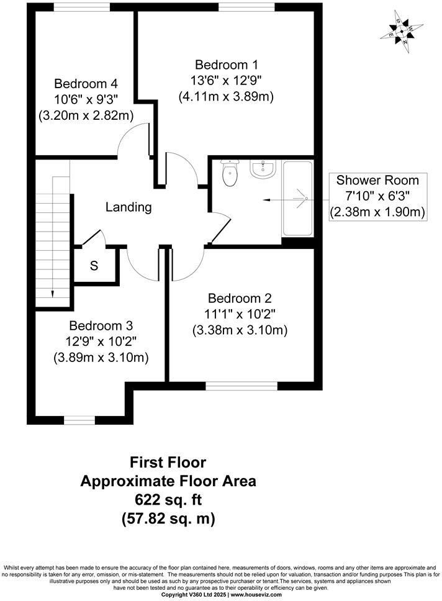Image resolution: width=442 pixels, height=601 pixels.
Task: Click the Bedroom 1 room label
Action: tap(226, 65)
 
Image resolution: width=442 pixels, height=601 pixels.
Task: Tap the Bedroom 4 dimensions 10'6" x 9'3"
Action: tap(86, 99)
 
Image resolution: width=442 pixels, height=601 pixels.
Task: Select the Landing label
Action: tap(128, 207)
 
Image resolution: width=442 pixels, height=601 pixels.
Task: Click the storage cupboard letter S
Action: tap(94, 266)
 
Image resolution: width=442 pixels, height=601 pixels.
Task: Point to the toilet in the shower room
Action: tap(230, 173)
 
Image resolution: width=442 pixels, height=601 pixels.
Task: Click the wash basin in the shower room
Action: tap(263, 169)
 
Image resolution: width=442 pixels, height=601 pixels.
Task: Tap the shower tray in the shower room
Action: tap(298, 198)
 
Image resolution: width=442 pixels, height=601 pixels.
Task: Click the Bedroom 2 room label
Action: tap(240, 298)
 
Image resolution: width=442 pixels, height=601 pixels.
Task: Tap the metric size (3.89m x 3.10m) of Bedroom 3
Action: tap(101, 358)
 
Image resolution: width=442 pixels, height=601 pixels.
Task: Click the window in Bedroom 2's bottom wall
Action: tap(241, 386)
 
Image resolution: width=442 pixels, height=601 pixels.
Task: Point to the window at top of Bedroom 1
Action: tap(239, 7)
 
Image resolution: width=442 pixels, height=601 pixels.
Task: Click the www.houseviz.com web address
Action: tap(254, 595)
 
